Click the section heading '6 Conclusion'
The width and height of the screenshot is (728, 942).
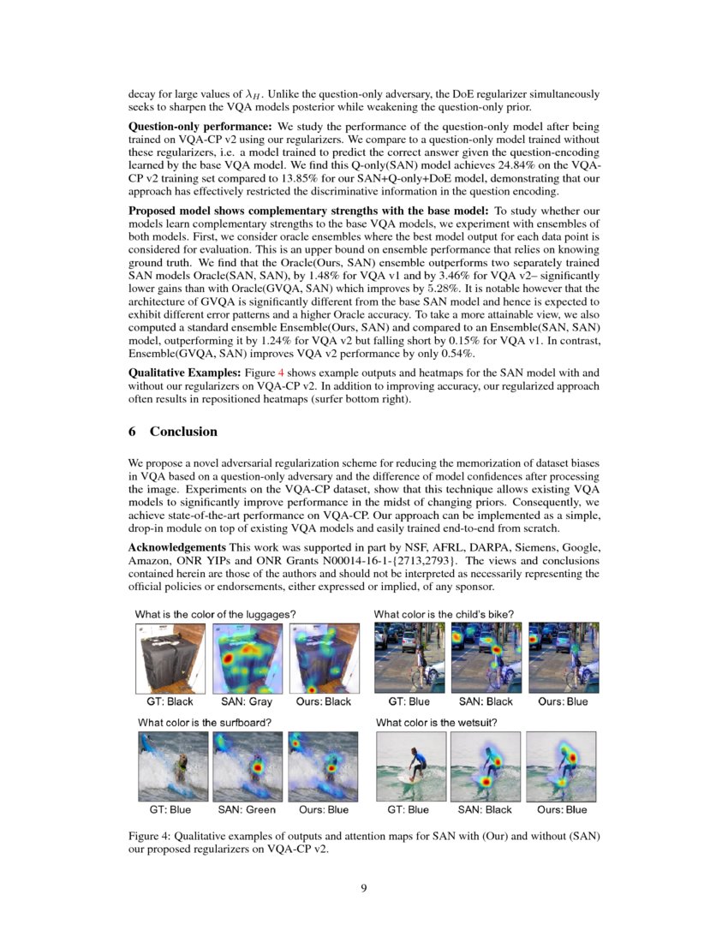pyautogui.click(x=172, y=432)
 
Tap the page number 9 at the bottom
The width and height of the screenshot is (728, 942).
pyautogui.click(x=364, y=888)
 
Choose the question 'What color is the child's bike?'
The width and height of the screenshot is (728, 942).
pyautogui.click(x=444, y=614)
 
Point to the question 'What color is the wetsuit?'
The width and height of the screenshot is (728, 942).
pyautogui.click(x=436, y=722)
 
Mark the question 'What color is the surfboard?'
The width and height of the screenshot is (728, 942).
pyautogui.click(x=205, y=722)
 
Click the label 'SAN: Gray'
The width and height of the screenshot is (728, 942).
pyautogui.click(x=246, y=701)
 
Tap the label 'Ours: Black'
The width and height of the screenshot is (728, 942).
pyautogui.click(x=323, y=701)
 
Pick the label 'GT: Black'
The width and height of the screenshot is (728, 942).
pyautogui.click(x=170, y=701)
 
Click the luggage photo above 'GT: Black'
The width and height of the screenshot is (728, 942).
pyautogui.click(x=170, y=658)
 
